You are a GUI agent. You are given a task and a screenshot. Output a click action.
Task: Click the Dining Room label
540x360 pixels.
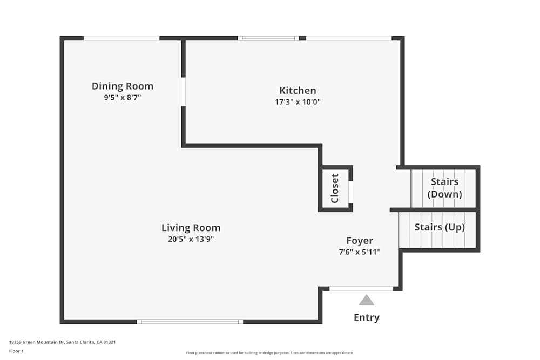click(123, 86)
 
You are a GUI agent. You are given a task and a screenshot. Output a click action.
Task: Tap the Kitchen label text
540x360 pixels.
click(298, 91)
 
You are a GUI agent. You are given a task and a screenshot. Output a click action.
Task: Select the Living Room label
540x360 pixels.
click(191, 228)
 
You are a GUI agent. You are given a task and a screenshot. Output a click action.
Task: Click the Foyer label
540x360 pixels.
click(360, 241)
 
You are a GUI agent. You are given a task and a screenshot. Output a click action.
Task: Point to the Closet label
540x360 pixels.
click(335, 188)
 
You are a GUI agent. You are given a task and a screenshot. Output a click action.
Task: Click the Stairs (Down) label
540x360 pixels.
click(444, 188)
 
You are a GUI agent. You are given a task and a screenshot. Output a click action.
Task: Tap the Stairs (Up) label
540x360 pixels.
click(440, 227)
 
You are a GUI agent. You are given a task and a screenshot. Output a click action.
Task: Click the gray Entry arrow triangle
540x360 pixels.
click(367, 301)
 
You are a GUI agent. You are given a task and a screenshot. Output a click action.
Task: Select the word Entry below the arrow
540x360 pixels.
click(367, 317)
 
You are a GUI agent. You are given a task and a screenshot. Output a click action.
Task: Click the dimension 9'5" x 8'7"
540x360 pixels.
click(123, 98)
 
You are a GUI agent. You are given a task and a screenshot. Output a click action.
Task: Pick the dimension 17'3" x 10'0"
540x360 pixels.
click(298, 101)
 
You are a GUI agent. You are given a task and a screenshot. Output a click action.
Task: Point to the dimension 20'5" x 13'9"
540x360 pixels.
click(191, 239)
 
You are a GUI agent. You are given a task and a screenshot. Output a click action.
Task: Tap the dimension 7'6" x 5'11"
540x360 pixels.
click(360, 252)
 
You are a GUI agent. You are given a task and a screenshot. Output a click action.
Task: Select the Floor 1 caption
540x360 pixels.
click(16, 351)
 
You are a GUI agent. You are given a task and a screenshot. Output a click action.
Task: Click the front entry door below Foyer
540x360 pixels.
click(361, 289)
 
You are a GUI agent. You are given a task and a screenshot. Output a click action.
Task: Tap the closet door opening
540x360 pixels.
click(350, 192)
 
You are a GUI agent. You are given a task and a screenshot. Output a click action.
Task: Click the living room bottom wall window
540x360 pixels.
click(190, 322)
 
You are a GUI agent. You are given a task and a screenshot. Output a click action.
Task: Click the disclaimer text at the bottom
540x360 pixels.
click(270, 353)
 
